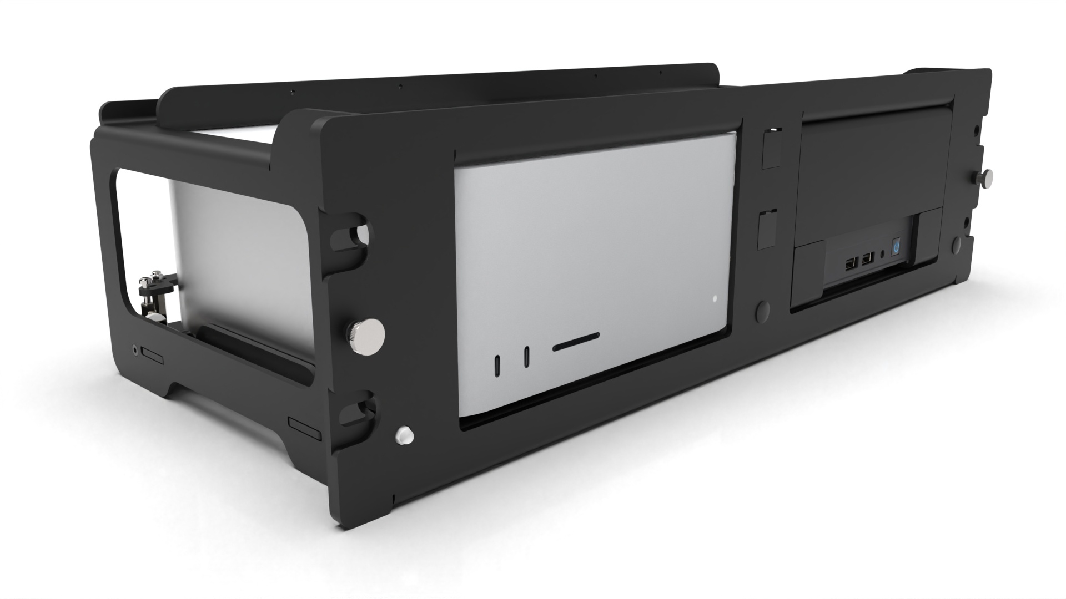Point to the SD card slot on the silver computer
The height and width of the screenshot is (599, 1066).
click(x=576, y=342)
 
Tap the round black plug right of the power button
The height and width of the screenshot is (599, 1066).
click(x=956, y=245)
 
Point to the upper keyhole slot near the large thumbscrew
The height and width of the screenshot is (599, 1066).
click(x=353, y=236)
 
